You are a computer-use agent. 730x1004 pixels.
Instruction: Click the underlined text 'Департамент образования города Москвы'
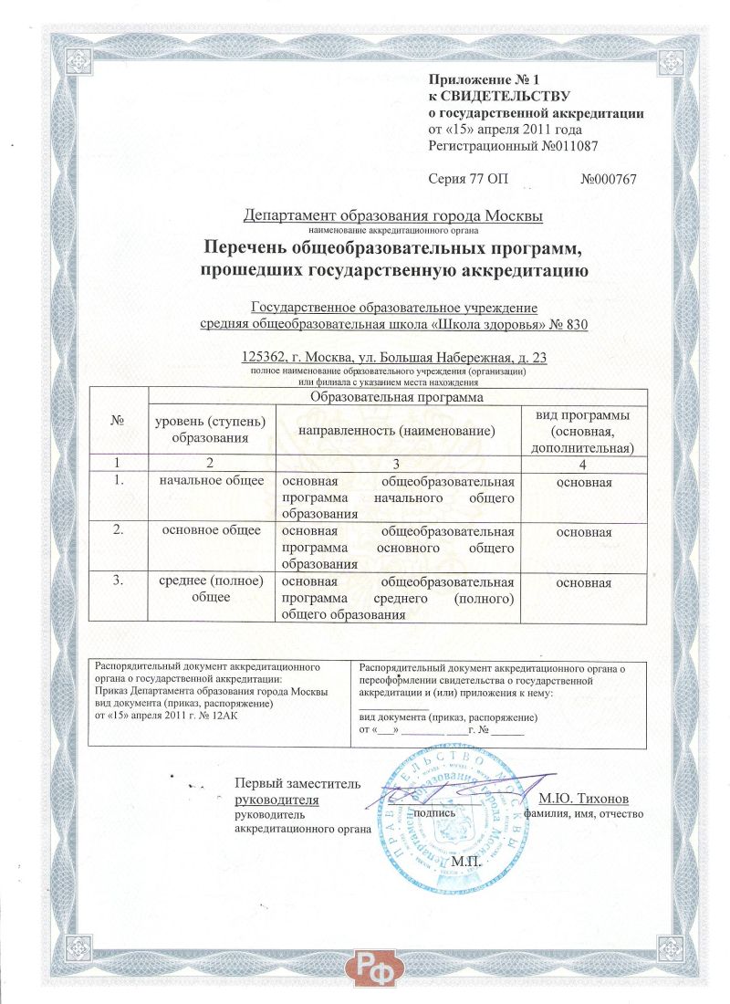[x=393, y=216]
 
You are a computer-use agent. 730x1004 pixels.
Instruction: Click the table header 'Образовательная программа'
[x=397, y=397]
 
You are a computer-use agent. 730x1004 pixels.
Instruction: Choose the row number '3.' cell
[x=118, y=581]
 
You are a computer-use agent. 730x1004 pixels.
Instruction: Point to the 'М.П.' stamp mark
[x=471, y=861]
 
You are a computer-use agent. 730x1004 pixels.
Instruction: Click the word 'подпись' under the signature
[x=434, y=811]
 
